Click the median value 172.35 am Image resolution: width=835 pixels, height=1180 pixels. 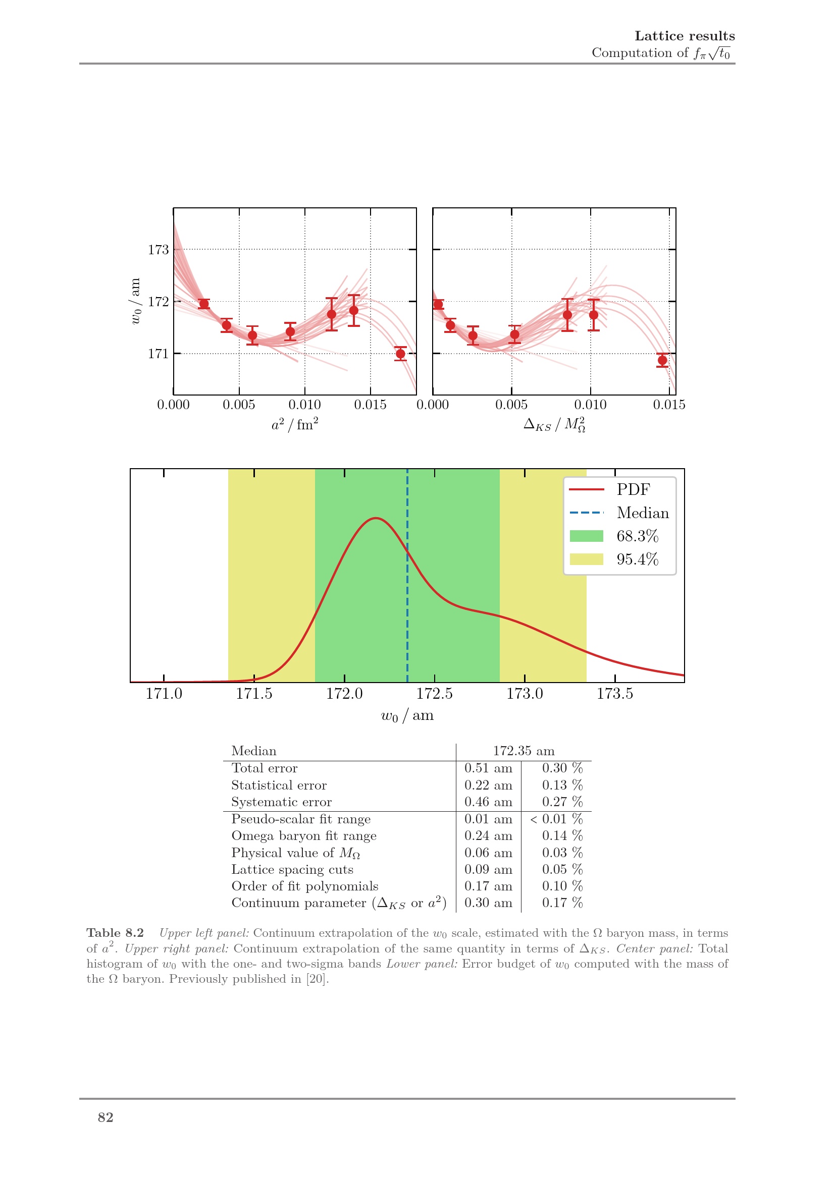click(524, 751)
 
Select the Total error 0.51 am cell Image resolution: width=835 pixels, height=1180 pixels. click(488, 768)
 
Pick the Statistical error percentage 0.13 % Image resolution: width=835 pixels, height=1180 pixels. click(562, 785)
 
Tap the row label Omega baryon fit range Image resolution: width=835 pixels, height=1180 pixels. click(304, 835)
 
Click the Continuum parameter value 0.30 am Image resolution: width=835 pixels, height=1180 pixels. click(488, 903)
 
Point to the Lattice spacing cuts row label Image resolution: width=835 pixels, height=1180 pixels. click(292, 870)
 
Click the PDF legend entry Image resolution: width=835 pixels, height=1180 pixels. click(633, 489)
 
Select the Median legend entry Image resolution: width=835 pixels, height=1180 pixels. click(642, 513)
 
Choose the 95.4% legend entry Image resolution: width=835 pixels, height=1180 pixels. click(637, 559)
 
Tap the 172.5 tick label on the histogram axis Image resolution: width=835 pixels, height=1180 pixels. click(435, 694)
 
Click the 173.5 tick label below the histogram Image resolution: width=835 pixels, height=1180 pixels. click(615, 694)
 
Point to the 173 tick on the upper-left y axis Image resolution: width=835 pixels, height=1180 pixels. click(159, 250)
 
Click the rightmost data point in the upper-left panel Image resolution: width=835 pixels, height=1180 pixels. click(400, 354)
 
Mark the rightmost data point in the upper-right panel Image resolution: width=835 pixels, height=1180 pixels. click(662, 360)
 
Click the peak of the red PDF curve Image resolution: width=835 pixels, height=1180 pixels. click(376, 518)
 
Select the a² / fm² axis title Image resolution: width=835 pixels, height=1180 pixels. click(295, 424)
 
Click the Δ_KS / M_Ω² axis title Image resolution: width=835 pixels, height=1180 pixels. click(554, 425)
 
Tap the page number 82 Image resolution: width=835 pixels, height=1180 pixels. click(106, 1117)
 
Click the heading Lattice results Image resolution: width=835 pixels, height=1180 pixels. click(685, 36)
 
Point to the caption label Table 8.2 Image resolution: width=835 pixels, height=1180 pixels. click(115, 933)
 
